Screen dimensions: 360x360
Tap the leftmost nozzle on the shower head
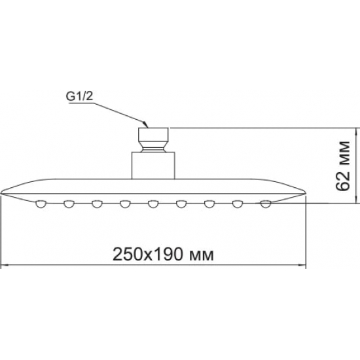[41, 205]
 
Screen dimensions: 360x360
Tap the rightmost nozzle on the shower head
[265, 205]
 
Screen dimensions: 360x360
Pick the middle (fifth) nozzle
[153, 205]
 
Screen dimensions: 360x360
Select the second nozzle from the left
[69, 205]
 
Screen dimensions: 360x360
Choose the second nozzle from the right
[237, 205]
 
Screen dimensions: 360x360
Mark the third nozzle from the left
[97, 205]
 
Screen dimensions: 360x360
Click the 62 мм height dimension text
[342, 165]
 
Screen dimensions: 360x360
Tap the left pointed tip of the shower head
[3, 193]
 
